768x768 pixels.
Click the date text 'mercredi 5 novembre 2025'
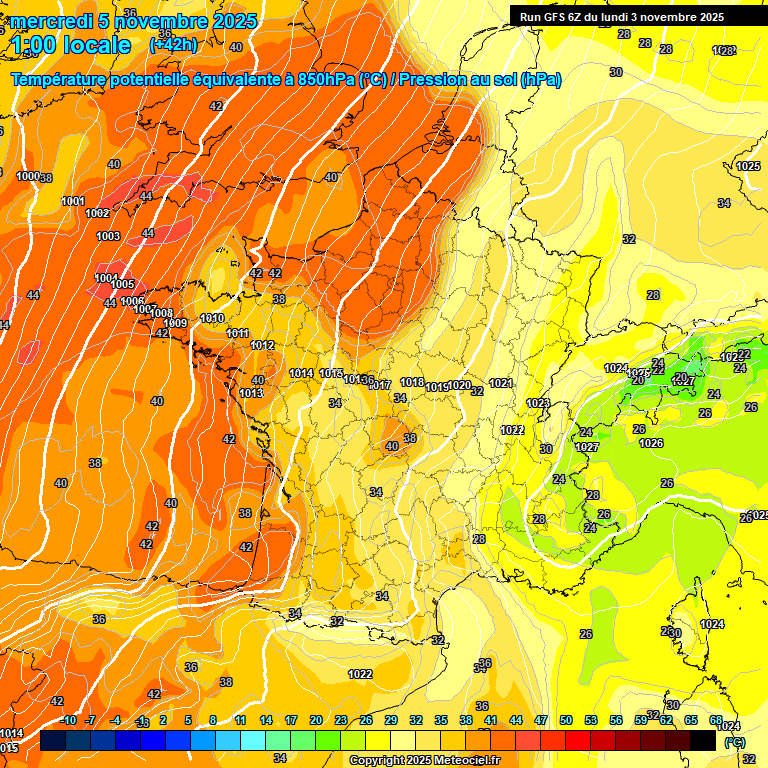[x=135, y=21]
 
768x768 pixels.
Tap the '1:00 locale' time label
[x=71, y=45]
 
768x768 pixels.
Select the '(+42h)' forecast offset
[x=173, y=45]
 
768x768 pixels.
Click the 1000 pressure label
[x=27, y=176]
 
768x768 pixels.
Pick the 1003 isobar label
[x=108, y=237]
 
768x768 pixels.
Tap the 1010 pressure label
[x=212, y=318]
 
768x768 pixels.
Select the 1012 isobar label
[x=262, y=345]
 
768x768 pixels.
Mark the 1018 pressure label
[x=411, y=382]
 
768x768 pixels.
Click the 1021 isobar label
[x=502, y=383]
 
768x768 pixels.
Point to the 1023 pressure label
[x=538, y=403]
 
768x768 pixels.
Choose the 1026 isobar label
[x=651, y=443]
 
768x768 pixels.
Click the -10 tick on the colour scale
[x=68, y=720]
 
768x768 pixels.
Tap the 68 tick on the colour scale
[x=716, y=720]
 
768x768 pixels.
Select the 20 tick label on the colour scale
[x=316, y=720]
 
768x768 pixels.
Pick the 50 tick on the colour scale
[x=566, y=720]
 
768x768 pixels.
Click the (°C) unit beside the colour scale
[x=735, y=743]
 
